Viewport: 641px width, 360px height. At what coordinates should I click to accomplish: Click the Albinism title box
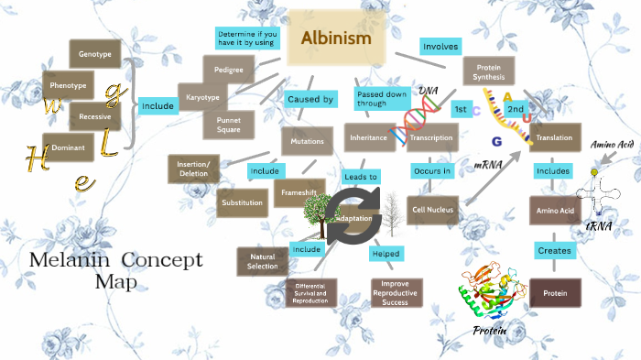coord(337,39)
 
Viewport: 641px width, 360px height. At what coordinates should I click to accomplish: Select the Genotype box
coord(94,54)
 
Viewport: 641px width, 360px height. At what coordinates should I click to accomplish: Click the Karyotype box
coord(203,96)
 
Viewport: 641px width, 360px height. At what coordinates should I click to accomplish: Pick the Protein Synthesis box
coord(488,71)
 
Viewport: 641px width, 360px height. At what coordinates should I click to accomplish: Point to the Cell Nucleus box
coord(433,210)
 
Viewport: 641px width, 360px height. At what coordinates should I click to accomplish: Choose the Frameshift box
coord(299,192)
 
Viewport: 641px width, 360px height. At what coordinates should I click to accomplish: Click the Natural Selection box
coord(262,261)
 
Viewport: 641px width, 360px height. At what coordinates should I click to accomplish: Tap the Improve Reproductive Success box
coord(396,291)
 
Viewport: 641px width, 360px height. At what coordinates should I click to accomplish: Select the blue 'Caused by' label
coord(310,98)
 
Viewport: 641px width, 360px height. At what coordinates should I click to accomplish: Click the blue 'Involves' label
coord(440,46)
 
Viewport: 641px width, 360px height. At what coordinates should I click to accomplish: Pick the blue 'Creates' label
coord(554,249)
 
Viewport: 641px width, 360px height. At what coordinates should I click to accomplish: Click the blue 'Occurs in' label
coord(432,170)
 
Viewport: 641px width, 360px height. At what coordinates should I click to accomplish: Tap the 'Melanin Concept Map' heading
coord(115,269)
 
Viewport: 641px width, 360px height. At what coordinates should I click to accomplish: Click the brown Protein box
coord(555,292)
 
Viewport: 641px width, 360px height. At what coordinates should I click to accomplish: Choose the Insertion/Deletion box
coord(193,169)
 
